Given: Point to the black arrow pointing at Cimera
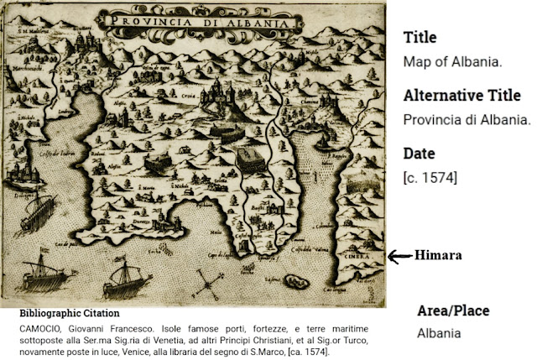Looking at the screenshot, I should coord(400,254).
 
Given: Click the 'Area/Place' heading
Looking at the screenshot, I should coord(454,311).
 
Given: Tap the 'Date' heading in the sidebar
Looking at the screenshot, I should coord(420,154).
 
